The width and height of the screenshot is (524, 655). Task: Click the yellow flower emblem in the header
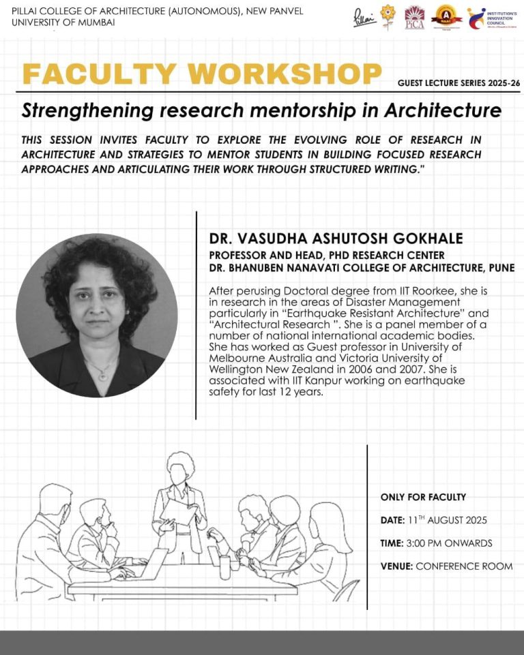pyautogui.click(x=388, y=17)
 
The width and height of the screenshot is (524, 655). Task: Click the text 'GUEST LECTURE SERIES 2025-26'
pyautogui.click(x=458, y=83)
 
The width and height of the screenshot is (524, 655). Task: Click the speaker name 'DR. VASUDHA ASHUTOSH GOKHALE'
pyautogui.click(x=336, y=239)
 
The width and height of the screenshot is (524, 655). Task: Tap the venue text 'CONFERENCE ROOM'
pyautogui.click(x=464, y=566)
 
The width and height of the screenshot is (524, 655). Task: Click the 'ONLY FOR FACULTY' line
pyautogui.click(x=423, y=498)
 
